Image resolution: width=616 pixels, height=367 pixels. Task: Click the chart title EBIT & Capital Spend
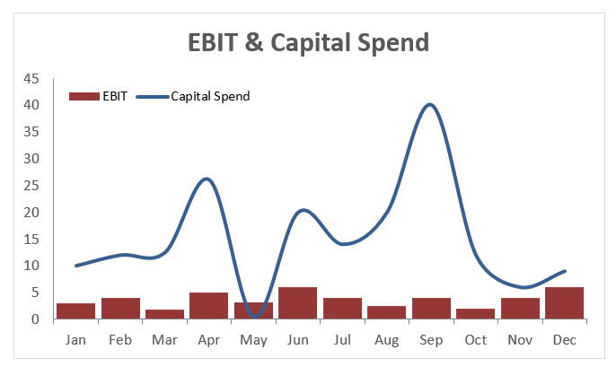pos(308,42)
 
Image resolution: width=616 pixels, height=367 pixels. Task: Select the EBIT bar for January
pos(75,310)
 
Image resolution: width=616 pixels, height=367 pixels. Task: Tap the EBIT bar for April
pos(208,305)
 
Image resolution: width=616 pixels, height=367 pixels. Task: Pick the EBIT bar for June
pos(297,303)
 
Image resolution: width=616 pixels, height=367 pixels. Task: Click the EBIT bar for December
pos(564,303)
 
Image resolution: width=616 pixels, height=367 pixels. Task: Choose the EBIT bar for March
pos(164,314)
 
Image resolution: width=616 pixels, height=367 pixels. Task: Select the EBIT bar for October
pos(475,313)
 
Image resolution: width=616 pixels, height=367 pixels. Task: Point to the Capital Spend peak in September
pos(430,105)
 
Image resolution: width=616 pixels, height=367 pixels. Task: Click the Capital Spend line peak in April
pos(207,179)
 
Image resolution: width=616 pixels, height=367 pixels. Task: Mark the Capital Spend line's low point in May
pos(255,316)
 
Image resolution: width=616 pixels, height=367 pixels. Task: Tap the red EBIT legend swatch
pos(84,96)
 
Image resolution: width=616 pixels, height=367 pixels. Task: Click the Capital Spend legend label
pos(210,96)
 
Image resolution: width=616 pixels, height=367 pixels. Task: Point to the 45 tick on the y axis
pos(31,79)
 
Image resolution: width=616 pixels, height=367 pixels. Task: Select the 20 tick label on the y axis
pos(31,213)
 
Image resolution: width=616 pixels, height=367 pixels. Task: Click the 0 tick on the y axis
pos(35,319)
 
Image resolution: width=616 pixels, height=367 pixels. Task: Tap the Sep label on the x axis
pos(431,341)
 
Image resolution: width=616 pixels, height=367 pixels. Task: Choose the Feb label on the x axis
pos(120,341)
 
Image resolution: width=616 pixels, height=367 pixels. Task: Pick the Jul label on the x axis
pos(342,341)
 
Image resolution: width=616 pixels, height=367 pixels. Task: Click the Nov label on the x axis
pos(520,341)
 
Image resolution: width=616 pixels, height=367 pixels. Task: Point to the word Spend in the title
pos(389,42)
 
